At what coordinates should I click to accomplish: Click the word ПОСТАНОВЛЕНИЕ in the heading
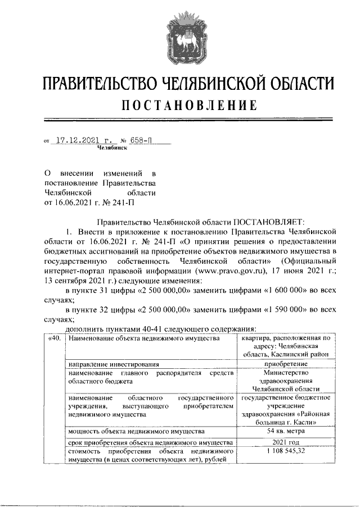180,105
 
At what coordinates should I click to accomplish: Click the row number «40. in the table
54,338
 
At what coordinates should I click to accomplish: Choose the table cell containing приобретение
286,363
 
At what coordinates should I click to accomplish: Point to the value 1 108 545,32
286,451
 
